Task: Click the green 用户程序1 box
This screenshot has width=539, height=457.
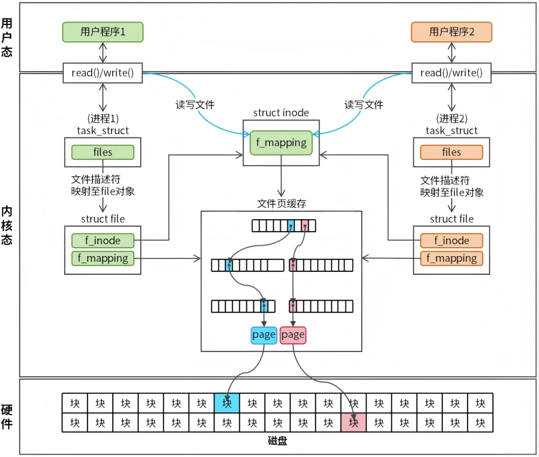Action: (x=103, y=32)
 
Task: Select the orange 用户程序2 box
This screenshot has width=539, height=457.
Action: (x=452, y=32)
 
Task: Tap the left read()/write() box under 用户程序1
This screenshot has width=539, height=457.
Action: (x=103, y=73)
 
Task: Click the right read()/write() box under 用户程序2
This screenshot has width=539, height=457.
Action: (x=452, y=73)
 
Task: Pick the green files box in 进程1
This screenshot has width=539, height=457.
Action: (x=103, y=152)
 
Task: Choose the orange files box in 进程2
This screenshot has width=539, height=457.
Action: (x=452, y=152)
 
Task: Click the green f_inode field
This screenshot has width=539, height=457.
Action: (x=103, y=241)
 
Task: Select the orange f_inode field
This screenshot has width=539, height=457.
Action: (x=452, y=241)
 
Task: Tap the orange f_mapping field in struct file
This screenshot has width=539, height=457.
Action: (x=452, y=258)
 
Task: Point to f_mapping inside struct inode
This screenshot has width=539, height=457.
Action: (x=281, y=143)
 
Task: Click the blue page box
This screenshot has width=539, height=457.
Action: (x=264, y=335)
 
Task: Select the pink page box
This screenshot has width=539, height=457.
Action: (x=293, y=335)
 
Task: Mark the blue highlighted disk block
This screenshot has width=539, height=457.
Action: (x=227, y=403)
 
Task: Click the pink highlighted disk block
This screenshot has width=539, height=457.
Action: (x=354, y=423)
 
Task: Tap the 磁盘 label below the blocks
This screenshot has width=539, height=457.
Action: (x=277, y=441)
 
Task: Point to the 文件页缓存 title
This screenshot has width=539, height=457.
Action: (x=281, y=204)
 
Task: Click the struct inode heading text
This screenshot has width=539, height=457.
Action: (x=281, y=113)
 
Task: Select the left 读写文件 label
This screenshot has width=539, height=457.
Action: (x=195, y=105)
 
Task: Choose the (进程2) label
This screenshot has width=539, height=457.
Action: (x=452, y=118)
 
